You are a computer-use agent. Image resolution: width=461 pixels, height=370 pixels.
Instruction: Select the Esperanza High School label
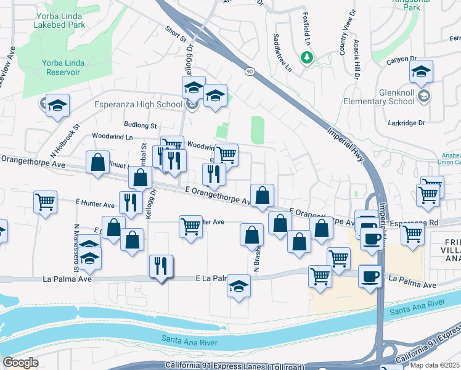pos(138,104)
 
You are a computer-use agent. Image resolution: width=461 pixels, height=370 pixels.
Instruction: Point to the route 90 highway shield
pos(248,72)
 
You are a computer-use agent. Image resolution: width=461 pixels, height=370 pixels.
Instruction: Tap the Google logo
pos(20,363)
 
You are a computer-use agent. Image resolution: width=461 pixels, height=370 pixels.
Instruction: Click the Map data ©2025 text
pos(436,365)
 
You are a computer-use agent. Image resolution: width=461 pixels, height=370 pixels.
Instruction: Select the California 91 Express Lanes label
pos(234,366)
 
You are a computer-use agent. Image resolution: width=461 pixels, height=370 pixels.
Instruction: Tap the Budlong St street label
pos(140,125)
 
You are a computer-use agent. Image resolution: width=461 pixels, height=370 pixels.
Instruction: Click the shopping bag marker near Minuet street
pos(97,163)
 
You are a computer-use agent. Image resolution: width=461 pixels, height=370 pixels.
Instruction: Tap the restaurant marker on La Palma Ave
pos(161,266)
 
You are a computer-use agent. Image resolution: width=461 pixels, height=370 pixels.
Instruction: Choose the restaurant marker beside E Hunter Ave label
pos(131,202)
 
